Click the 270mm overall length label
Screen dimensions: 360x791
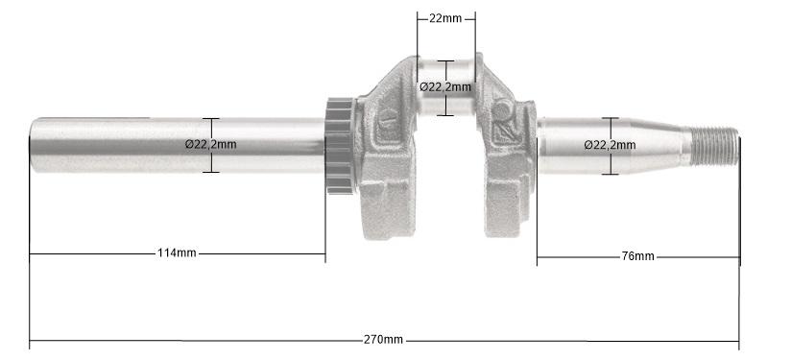click(383, 340)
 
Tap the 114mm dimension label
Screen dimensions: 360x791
click(177, 253)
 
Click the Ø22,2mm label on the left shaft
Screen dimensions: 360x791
click(210, 144)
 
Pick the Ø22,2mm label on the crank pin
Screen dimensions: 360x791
click(445, 86)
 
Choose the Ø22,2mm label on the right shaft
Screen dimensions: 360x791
click(610, 145)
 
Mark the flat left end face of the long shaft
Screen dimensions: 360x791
click(32, 145)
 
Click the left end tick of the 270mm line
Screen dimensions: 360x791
click(30, 341)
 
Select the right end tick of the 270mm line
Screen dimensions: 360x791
click(739, 341)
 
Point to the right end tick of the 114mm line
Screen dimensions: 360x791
click(325, 253)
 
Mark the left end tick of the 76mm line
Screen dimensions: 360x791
click(538, 256)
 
